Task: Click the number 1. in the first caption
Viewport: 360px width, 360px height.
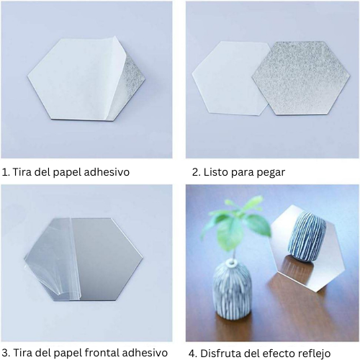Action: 6,172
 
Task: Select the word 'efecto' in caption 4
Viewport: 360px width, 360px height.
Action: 276,353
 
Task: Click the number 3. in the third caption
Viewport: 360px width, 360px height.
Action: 6,353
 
